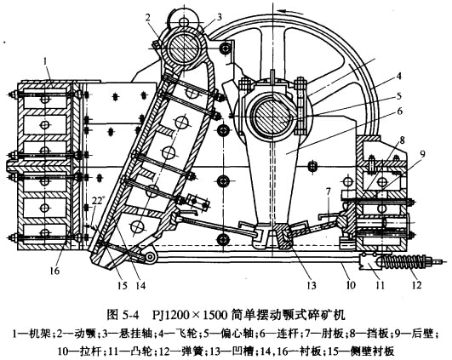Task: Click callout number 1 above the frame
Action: [45, 61]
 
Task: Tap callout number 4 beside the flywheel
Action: [398, 77]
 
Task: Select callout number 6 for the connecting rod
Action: [399, 111]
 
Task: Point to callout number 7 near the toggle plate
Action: [328, 191]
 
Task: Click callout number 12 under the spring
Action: [416, 285]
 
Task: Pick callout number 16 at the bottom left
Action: [54, 271]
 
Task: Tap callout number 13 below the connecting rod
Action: [312, 285]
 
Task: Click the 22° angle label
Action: [97, 200]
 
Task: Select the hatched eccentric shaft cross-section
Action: [271, 117]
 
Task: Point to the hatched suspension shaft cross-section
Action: [184, 47]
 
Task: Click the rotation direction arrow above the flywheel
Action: [291, 12]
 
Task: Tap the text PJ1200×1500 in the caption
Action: [190, 315]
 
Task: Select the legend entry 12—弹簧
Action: [175, 351]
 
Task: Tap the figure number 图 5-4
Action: [123, 315]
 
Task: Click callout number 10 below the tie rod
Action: [351, 285]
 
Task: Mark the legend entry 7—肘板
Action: [328, 334]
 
